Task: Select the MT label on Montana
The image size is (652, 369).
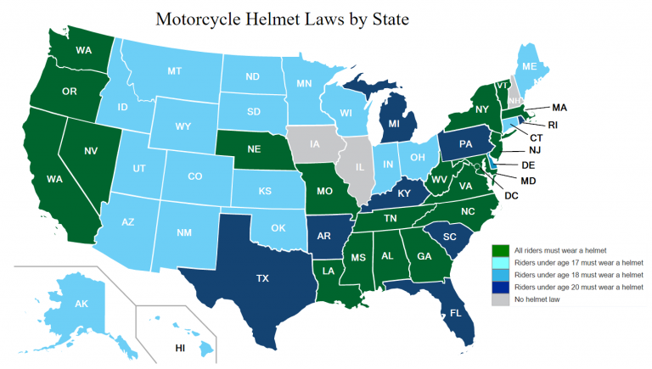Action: (175, 71)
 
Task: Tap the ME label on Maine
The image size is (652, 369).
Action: (529, 67)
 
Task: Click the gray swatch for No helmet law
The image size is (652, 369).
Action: (501, 299)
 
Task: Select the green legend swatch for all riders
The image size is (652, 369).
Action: (501, 250)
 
